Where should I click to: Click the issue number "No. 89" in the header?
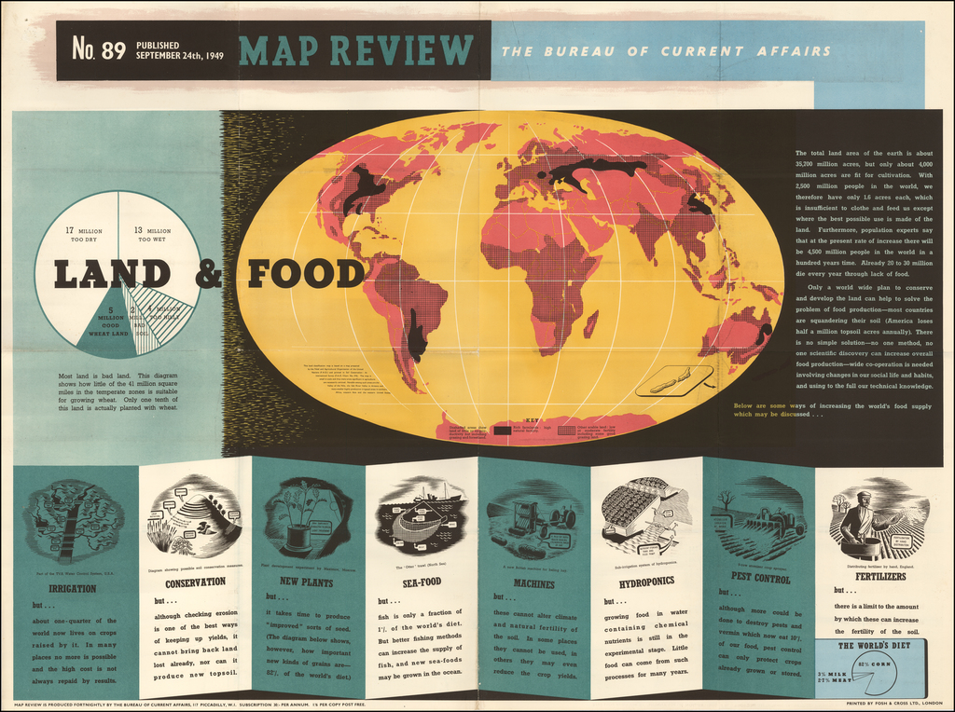99,49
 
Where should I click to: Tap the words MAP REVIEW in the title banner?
356,49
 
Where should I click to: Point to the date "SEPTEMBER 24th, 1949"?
179,55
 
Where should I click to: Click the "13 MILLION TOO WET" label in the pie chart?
152,235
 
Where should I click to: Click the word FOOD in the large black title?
304,274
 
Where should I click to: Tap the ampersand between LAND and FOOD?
210,273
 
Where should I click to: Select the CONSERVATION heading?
195,582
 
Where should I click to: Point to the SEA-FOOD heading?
422,582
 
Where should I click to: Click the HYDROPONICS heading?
646,582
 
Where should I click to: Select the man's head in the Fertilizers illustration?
864,500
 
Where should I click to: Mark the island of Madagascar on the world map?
590,323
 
